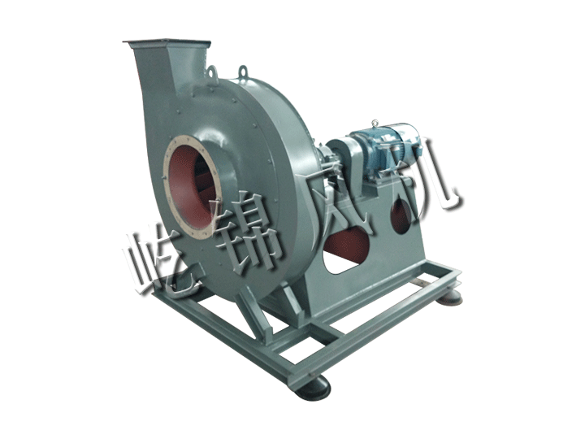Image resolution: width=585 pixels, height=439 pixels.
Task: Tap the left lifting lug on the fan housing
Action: [x=213, y=72]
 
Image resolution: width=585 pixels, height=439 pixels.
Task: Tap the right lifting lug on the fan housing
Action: [x=243, y=70]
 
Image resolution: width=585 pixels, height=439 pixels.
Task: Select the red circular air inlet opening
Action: [x=191, y=188]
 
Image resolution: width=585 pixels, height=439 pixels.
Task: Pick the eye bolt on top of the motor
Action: [x=375, y=123]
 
